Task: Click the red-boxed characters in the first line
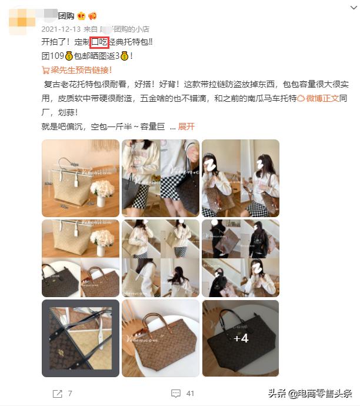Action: pos(99,42)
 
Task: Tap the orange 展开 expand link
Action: pos(186,127)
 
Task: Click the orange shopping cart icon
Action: pos(46,70)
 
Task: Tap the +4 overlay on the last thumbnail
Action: pos(241,338)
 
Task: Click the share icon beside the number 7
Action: pos(57,393)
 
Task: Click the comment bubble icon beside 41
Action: pos(175,393)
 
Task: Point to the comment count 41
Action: pos(190,393)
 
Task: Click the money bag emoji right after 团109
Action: pos(69,56)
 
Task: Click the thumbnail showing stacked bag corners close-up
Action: pos(80,338)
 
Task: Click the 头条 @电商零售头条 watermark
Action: pos(310,394)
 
